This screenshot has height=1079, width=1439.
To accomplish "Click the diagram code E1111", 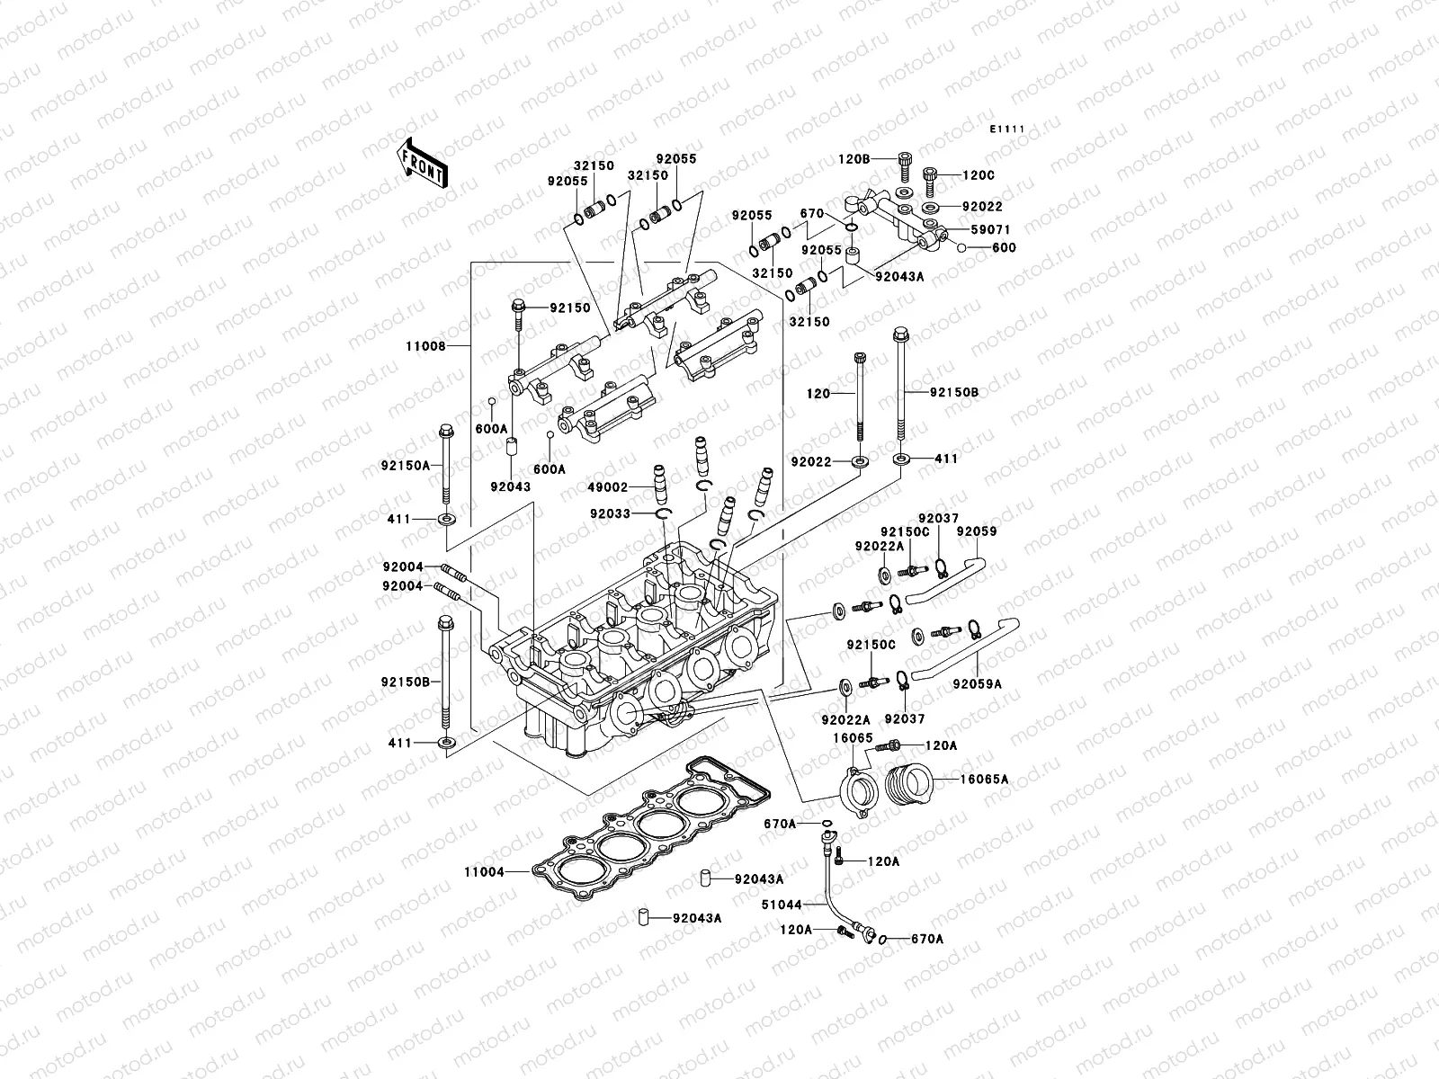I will click(x=1007, y=129).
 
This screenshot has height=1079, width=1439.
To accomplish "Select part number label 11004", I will click(x=484, y=872).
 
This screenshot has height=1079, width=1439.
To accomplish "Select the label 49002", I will click(x=610, y=487).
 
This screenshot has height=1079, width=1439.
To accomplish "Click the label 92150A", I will click(x=399, y=466).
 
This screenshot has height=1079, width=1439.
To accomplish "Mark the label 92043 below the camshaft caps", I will click(x=510, y=486).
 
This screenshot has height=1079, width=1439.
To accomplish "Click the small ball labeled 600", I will click(x=961, y=247).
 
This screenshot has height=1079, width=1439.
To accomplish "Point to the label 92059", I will click(x=976, y=531).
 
